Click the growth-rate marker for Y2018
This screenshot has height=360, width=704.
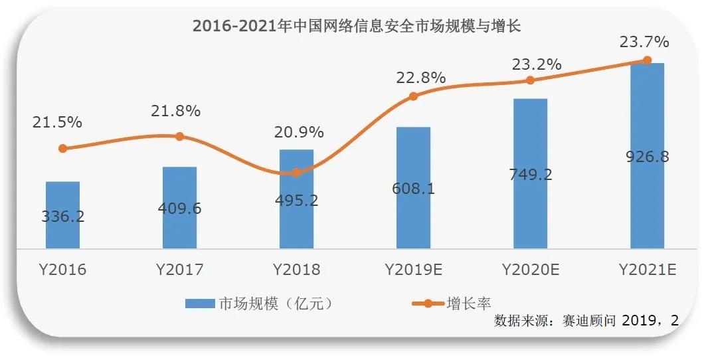click(x=296, y=172)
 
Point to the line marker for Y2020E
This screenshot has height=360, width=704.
click(x=530, y=80)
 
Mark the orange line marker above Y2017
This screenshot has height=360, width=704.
click(x=179, y=136)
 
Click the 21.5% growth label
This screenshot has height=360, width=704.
click(x=57, y=122)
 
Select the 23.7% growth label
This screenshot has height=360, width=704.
click(x=644, y=43)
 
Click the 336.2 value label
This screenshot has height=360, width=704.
click(x=62, y=217)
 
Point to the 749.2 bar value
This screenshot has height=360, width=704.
click(x=530, y=175)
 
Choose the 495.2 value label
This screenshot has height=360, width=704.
click(x=296, y=201)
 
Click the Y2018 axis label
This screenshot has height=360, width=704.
click(x=296, y=269)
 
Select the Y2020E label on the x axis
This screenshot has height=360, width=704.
click(x=530, y=269)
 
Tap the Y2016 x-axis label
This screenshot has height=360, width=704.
click(x=62, y=269)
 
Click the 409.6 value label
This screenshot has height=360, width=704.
click(x=179, y=209)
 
